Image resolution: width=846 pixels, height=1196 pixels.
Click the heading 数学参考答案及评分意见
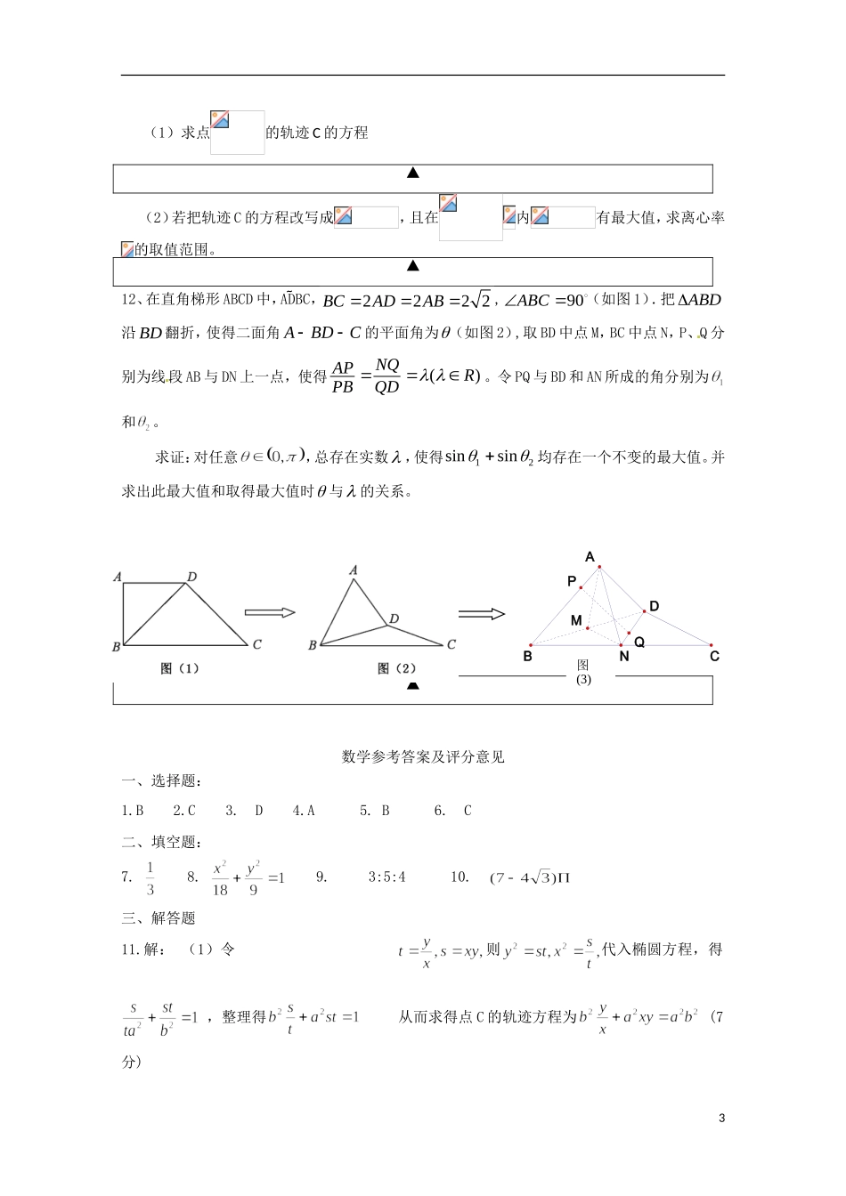(423, 757)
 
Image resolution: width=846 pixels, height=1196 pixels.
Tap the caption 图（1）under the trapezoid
(181, 668)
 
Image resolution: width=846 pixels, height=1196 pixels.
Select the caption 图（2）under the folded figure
(397, 668)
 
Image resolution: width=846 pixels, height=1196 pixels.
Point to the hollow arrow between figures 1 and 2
(269, 612)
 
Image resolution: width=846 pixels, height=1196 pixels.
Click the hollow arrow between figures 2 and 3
(482, 614)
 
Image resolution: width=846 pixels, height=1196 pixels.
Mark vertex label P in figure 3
(572, 581)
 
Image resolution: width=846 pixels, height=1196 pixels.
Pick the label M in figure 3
(576, 619)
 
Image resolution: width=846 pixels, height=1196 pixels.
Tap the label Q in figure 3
(639, 642)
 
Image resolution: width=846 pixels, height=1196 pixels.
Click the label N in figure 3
(623, 657)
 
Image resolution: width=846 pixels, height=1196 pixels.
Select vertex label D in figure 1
(191, 578)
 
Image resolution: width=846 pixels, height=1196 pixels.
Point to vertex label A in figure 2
(354, 570)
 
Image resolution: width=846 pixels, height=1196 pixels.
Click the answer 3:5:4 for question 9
(386, 877)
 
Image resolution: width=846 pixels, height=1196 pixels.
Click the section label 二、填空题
(161, 842)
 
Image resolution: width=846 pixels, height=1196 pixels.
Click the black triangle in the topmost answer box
(413, 173)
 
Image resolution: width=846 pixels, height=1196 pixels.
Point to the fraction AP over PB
(342, 377)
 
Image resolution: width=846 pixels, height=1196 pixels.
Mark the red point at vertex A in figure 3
(600, 567)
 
